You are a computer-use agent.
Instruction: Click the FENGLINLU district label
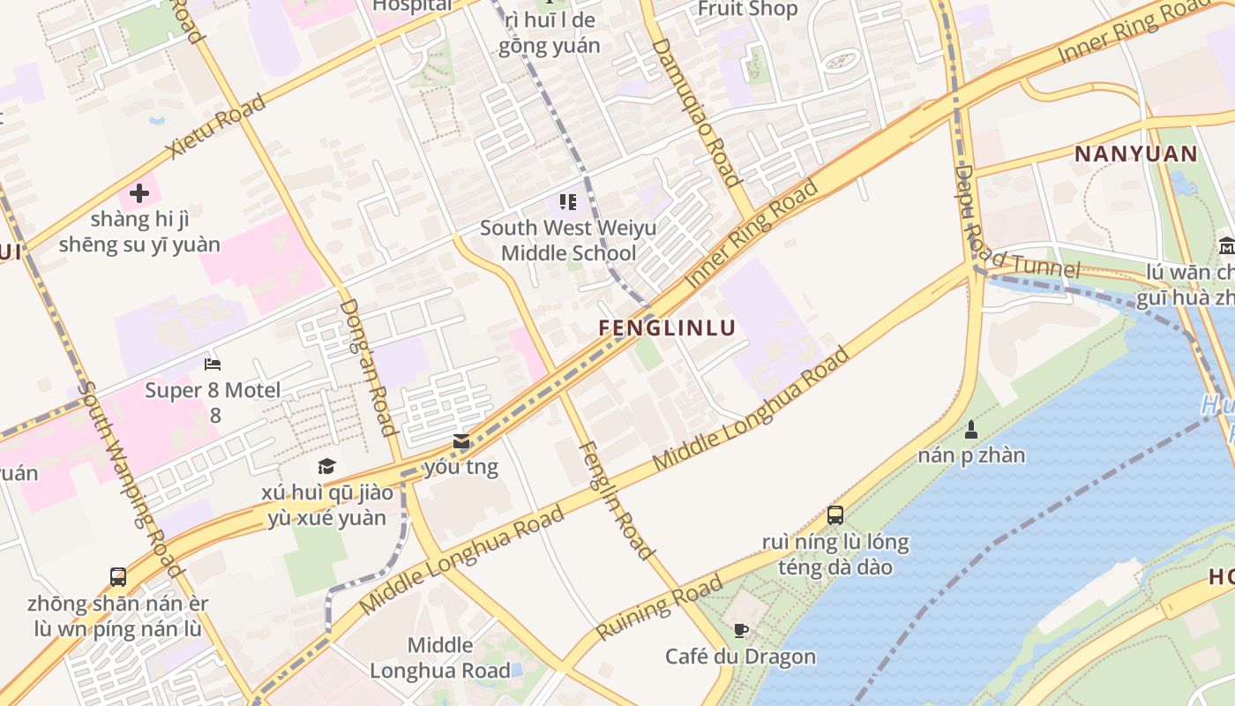(x=667, y=328)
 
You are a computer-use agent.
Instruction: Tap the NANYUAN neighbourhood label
(x=1135, y=154)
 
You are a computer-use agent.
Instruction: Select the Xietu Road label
(x=216, y=126)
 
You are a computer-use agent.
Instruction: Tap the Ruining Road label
(x=659, y=607)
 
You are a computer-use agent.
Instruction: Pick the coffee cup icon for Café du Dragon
(x=741, y=630)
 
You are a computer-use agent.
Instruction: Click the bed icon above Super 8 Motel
(x=213, y=364)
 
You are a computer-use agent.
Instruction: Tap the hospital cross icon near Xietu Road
(x=138, y=192)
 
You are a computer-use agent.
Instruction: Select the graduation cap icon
(x=326, y=466)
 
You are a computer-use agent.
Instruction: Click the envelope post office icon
(x=461, y=441)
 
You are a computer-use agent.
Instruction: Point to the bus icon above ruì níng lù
(x=835, y=514)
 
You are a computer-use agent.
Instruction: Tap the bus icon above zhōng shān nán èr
(x=117, y=577)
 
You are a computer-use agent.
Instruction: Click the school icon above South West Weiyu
(x=567, y=202)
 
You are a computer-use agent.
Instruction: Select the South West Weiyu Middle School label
(x=568, y=241)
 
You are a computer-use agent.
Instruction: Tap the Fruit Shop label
(x=747, y=9)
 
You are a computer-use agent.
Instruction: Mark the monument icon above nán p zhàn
(x=971, y=430)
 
